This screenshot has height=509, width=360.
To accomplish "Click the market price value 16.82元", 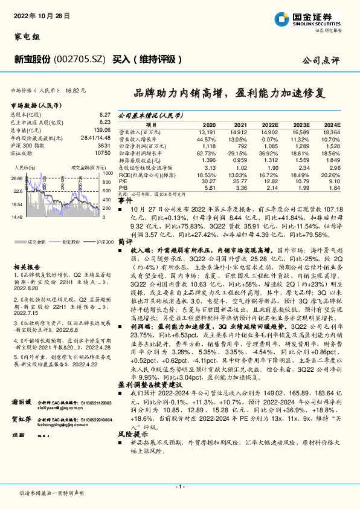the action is [75, 89].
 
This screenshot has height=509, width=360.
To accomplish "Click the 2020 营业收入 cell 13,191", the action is [207, 131].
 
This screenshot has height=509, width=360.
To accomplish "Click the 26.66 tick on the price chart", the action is [16, 178].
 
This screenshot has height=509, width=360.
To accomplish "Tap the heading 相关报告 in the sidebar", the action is [26, 266].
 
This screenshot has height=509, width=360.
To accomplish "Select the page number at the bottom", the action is [179, 487].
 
